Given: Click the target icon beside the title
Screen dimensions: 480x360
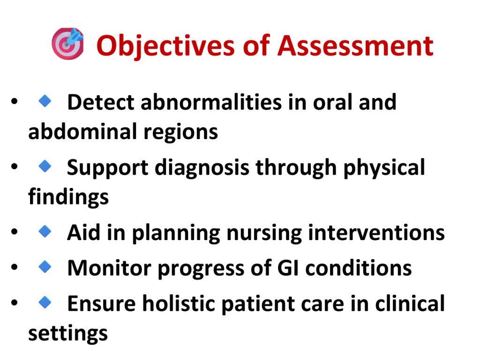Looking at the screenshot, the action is [x=67, y=44].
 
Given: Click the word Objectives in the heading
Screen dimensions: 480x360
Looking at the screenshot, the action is [x=166, y=46].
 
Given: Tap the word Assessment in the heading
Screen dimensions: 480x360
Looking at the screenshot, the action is [x=355, y=45].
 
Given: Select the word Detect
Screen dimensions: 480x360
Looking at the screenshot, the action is [x=101, y=102].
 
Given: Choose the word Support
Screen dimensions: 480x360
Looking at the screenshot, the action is [x=108, y=168].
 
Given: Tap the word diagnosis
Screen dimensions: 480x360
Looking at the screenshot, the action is [x=202, y=168].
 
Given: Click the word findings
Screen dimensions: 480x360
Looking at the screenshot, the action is [x=68, y=197].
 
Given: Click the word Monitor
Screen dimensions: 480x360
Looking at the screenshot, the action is [x=109, y=268].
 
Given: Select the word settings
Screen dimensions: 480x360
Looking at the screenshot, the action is [x=68, y=333].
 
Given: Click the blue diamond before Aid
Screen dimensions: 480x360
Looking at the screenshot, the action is [x=45, y=232].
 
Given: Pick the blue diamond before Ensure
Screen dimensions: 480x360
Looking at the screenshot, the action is [x=45, y=302].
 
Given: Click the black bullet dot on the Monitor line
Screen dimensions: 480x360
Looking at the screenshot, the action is [x=15, y=267].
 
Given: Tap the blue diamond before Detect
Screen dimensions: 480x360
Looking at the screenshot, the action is [x=45, y=101].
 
